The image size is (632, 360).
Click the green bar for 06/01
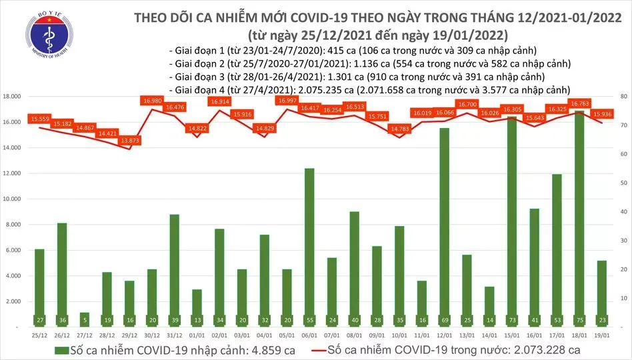pos(309,247)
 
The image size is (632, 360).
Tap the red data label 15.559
pos(39,119)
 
